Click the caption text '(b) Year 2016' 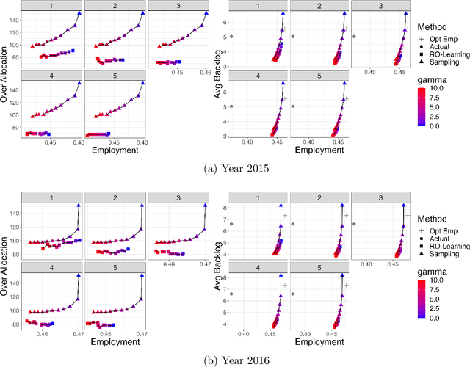tap(235, 360)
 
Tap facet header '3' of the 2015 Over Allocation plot tap(178, 5)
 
